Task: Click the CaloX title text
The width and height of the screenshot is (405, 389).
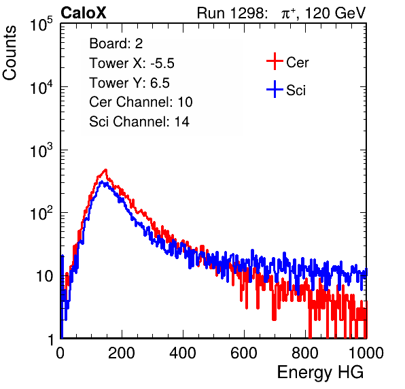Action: (x=84, y=13)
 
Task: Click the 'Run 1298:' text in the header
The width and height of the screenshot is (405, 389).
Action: (x=232, y=13)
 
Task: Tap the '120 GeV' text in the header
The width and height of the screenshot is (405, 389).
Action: (x=336, y=13)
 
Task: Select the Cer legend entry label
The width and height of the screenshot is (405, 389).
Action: (x=297, y=63)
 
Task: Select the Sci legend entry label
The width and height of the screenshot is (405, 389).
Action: (x=296, y=90)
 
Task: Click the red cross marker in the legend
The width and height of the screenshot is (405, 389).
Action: (x=275, y=61)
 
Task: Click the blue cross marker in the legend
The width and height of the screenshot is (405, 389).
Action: (x=275, y=89)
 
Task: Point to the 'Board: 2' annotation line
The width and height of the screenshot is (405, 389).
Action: (x=116, y=44)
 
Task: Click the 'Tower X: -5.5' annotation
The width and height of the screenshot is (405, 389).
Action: (x=132, y=63)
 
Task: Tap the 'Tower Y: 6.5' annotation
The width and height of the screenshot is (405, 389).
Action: (x=129, y=83)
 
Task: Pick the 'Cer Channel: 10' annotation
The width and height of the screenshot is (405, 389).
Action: (x=141, y=102)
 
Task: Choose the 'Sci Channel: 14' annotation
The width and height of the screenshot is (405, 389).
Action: (x=139, y=122)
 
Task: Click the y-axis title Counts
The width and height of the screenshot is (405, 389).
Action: (x=10, y=53)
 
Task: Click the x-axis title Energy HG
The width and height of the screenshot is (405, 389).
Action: (x=320, y=372)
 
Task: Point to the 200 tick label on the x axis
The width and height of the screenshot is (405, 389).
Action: (x=122, y=353)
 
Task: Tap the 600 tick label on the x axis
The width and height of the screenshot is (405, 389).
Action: (x=244, y=353)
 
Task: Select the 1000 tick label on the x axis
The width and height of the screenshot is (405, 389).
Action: (x=366, y=353)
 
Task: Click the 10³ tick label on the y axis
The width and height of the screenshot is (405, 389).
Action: (x=41, y=150)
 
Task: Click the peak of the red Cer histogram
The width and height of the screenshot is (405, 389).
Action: (x=105, y=170)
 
